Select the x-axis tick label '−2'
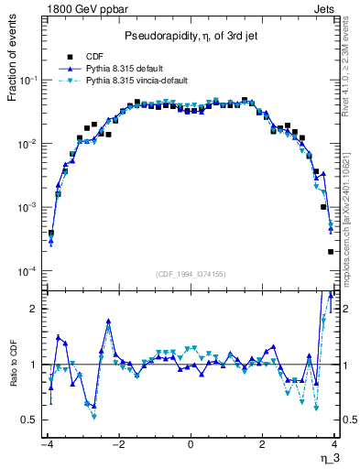click(117, 445)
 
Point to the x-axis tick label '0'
click(191, 445)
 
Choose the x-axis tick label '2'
click(263, 445)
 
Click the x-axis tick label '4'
click(335, 445)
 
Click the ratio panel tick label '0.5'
click(31, 420)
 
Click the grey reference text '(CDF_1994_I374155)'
click(190, 273)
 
